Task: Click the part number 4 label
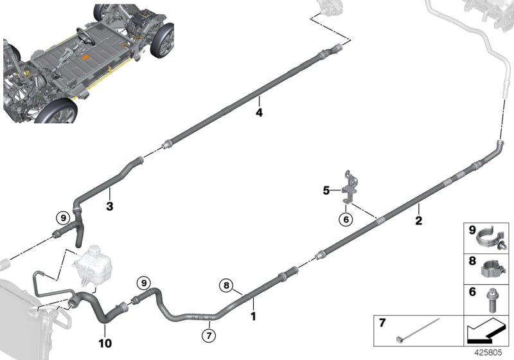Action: click(259, 113)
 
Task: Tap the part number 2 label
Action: click(418, 222)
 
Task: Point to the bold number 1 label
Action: click(253, 316)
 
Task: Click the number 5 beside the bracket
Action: click(326, 190)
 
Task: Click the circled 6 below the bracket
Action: click(346, 219)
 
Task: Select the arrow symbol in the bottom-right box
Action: click(485, 331)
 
